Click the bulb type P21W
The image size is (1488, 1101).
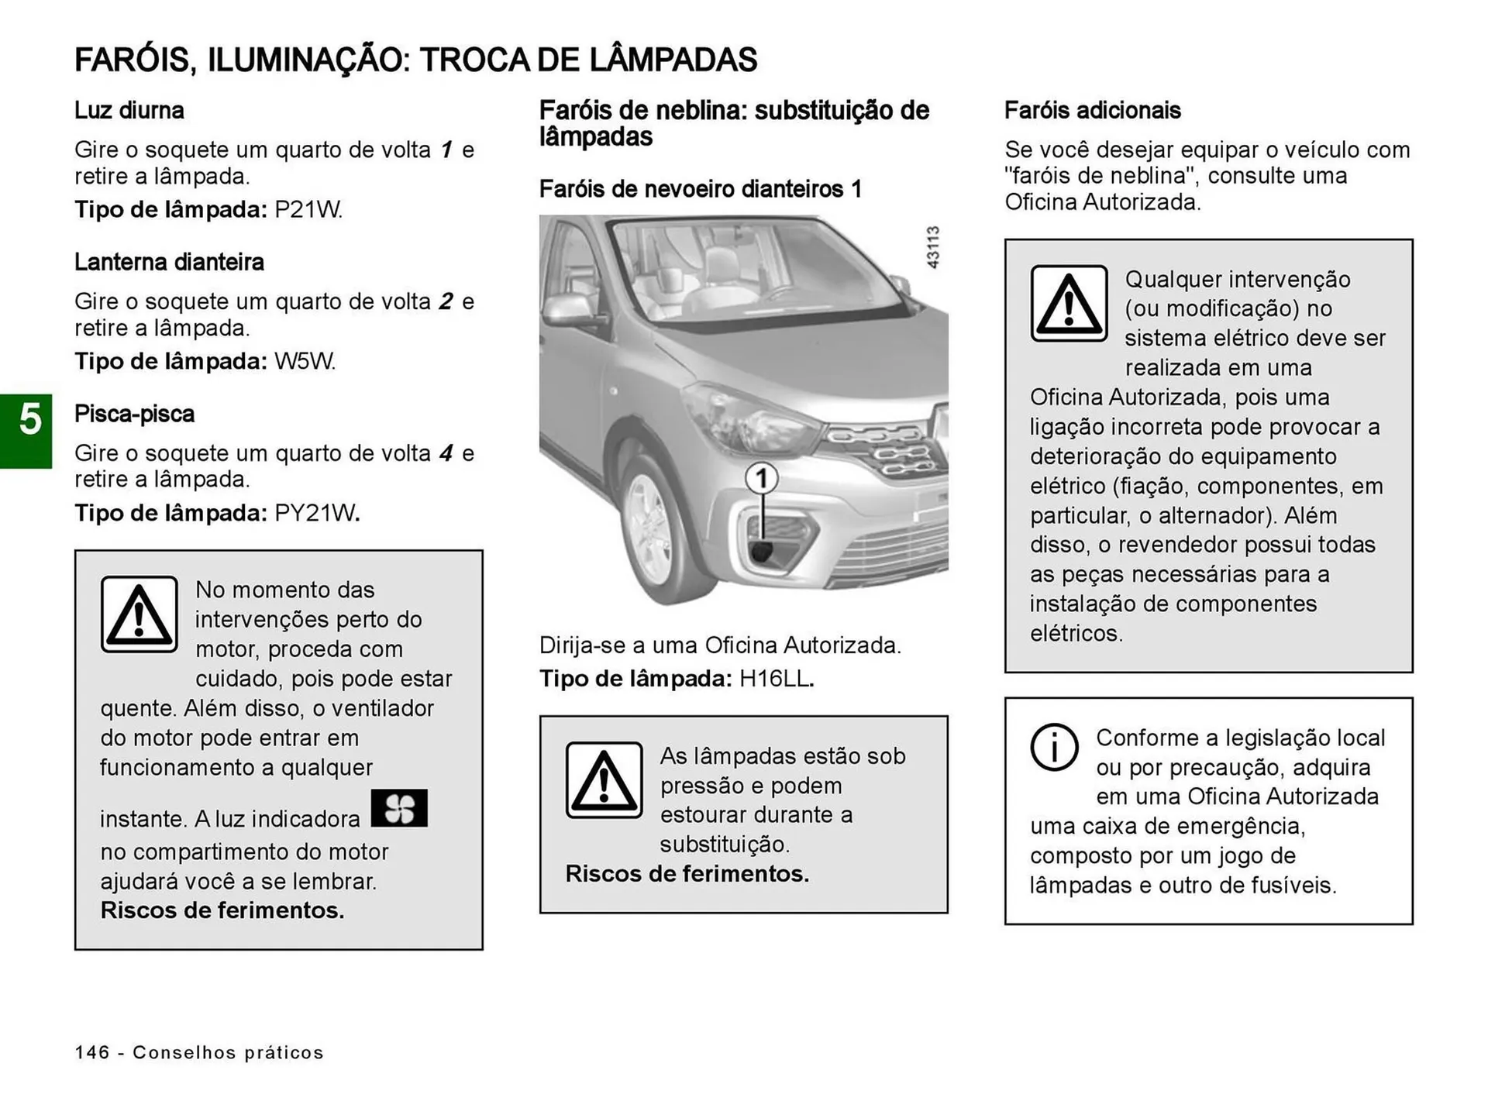point(308,210)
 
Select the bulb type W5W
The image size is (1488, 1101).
point(305,362)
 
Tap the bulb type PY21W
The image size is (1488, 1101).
point(316,514)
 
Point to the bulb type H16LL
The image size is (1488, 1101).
point(776,680)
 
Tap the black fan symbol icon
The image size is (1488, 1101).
point(399,808)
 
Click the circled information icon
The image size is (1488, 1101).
point(1054,747)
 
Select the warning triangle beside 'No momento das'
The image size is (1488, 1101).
point(139,614)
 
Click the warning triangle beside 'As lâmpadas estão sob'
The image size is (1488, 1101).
point(604,780)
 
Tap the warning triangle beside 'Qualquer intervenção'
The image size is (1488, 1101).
point(1069,304)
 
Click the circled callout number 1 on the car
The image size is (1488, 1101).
point(762,479)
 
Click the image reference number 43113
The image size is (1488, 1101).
point(933,248)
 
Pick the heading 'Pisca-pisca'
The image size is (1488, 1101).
point(134,415)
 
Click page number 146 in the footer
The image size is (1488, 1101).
point(92,1052)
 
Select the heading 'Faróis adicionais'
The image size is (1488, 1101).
point(1092,111)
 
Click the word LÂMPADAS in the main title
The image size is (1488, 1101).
point(673,60)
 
